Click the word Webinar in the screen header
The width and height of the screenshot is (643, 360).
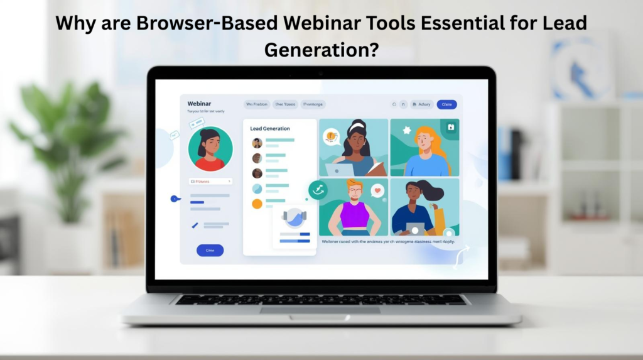pyautogui.click(x=200, y=103)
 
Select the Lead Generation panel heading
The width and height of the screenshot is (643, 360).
pyautogui.click(x=270, y=128)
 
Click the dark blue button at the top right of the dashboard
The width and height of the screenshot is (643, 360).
pyautogui.click(x=446, y=104)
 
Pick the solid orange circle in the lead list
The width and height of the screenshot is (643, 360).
pyautogui.click(x=257, y=204)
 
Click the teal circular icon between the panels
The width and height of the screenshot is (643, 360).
pyautogui.click(x=318, y=189)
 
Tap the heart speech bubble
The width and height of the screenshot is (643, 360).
pyautogui.click(x=377, y=190)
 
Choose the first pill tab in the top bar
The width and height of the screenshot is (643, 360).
pyautogui.click(x=256, y=104)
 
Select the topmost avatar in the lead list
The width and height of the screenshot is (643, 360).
pyautogui.click(x=257, y=143)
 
